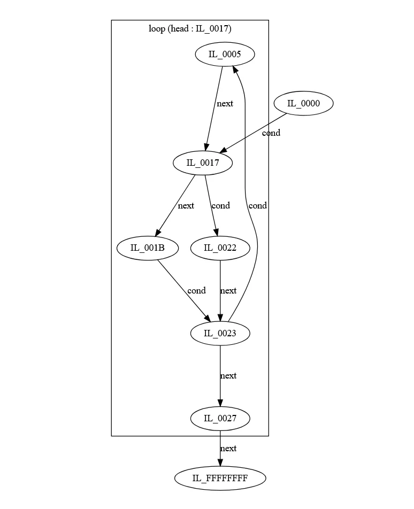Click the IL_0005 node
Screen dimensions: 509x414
click(x=224, y=55)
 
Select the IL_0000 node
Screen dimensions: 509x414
click(x=303, y=104)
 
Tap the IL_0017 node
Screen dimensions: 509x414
click(x=202, y=163)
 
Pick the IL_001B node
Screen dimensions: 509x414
click(x=147, y=248)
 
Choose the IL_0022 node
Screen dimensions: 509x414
click(x=220, y=248)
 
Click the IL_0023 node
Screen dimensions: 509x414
click(x=220, y=334)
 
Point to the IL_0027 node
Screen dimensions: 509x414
click(x=220, y=419)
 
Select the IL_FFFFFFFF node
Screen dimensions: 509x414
click(x=220, y=477)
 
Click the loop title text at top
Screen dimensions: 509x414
click(x=190, y=29)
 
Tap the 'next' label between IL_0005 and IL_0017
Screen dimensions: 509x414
click(x=225, y=104)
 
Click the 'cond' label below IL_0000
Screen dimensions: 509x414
click(x=271, y=133)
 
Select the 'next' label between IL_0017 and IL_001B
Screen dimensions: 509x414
click(x=186, y=205)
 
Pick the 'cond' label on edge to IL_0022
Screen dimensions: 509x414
click(x=220, y=205)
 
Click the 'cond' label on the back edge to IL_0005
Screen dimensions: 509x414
click(x=257, y=205)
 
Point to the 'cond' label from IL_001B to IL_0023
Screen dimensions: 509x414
click(x=196, y=291)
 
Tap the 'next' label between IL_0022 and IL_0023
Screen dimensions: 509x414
click(x=228, y=291)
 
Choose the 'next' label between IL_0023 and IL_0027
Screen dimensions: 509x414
click(x=228, y=376)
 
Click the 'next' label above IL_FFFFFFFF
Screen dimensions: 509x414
click(x=228, y=449)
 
